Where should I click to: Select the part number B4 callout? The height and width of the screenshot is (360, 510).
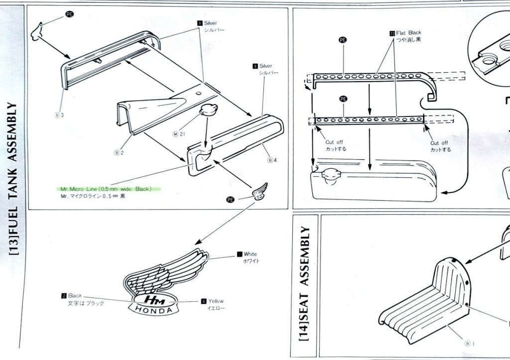[x=271, y=160]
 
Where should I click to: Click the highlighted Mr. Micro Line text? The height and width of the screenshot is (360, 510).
[x=106, y=189]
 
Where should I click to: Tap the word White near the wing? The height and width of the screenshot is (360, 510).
[x=250, y=254]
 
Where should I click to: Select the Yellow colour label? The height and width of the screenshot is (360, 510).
[x=216, y=301]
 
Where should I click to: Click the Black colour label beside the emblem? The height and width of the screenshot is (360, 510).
[x=75, y=296]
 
